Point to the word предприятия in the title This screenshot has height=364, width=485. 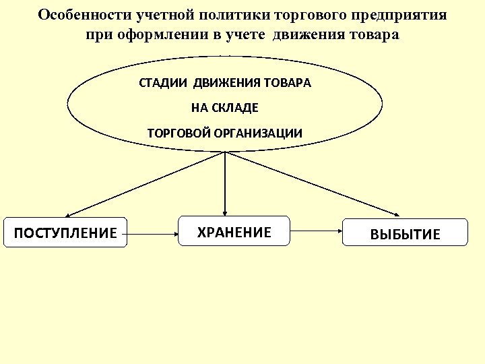(x=397, y=15)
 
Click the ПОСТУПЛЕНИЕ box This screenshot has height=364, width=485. (x=65, y=232)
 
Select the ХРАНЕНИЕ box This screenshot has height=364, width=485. (x=233, y=231)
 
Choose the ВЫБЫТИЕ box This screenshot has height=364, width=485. (x=405, y=233)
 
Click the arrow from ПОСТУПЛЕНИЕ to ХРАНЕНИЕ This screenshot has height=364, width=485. (x=152, y=234)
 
